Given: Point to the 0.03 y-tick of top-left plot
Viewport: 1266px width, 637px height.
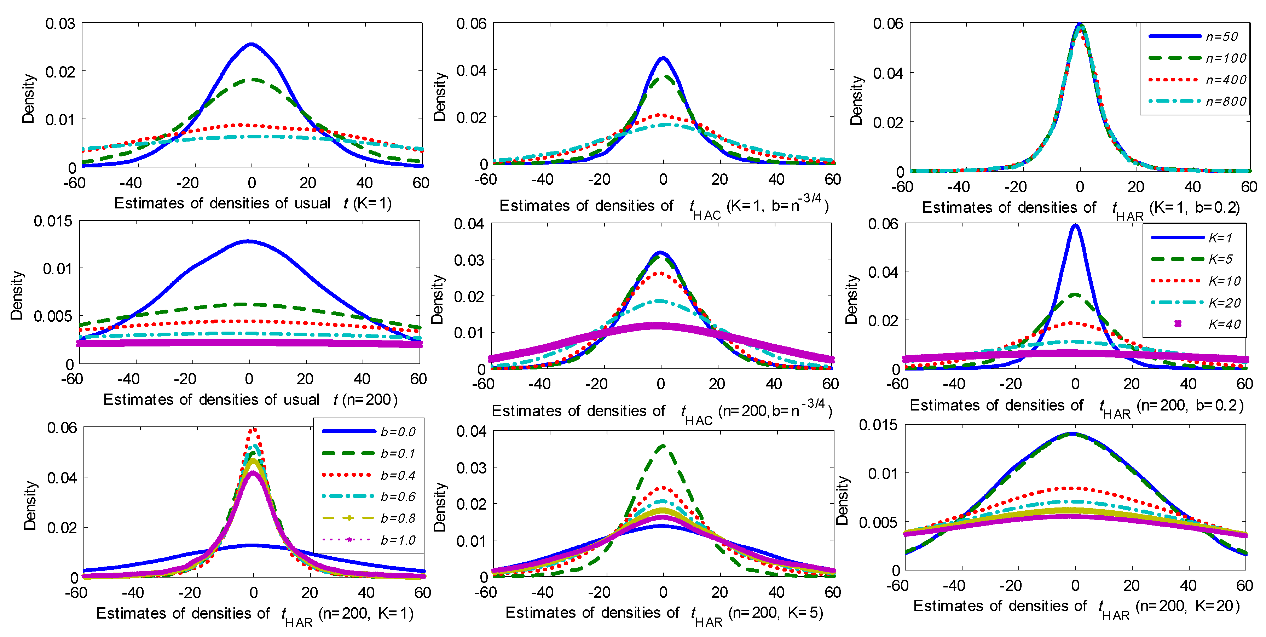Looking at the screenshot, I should coord(60,24).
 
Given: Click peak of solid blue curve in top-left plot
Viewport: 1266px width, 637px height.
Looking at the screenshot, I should coord(252,44).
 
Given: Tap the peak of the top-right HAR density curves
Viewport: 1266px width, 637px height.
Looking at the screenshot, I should coord(1080,24).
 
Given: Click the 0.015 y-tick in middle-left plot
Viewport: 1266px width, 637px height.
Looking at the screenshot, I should coord(53,221).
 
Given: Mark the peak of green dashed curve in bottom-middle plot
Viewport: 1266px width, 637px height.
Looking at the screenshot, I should coord(663,446).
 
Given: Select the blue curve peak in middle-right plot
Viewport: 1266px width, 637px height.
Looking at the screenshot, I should coord(1075,226).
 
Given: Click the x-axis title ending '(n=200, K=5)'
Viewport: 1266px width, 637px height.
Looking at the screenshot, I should coord(664,613).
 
